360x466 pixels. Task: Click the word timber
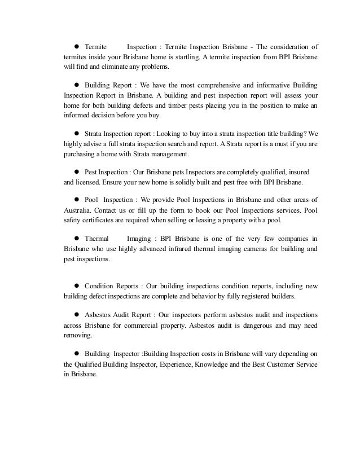click(202, 105)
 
